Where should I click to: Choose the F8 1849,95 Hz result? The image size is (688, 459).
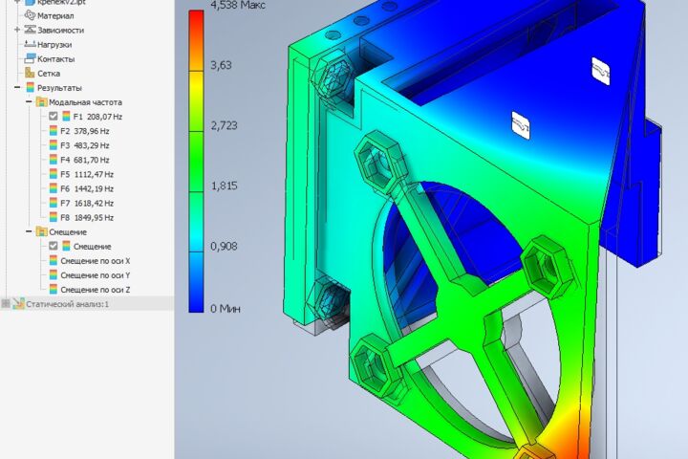(x=87, y=217)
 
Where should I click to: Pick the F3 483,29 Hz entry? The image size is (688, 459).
(x=85, y=145)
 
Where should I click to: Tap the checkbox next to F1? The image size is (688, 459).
(x=54, y=117)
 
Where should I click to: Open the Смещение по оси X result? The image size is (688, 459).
(x=96, y=261)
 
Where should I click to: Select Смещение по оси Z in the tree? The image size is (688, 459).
(x=96, y=290)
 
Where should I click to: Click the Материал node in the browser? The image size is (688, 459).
(x=55, y=16)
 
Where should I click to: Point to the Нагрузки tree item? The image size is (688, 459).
(x=54, y=45)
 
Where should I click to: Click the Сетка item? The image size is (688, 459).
(x=49, y=74)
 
